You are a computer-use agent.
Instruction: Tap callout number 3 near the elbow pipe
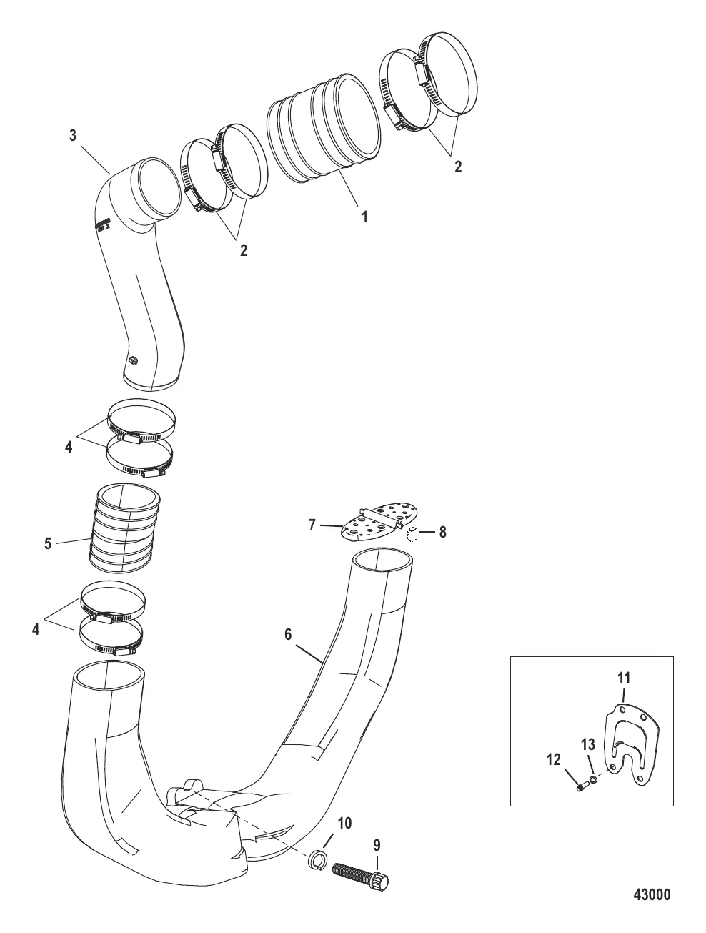(x=73, y=136)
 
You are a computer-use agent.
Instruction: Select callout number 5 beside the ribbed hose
(x=48, y=543)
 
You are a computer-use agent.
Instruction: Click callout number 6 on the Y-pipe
(x=289, y=634)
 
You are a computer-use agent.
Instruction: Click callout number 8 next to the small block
(x=443, y=532)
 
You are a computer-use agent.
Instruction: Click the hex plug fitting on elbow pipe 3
(x=132, y=362)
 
